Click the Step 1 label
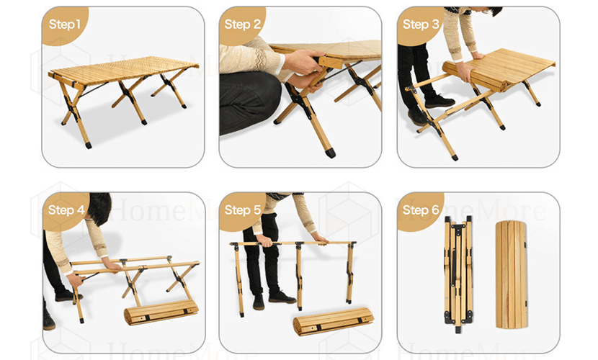tap(64, 24)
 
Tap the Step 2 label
tap(243, 24)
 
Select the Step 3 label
tap(421, 24)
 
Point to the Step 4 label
tap(66, 210)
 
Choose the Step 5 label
tap(243, 210)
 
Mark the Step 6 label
tap(421, 210)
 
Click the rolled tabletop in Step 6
tap(512, 275)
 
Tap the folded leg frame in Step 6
tap(458, 274)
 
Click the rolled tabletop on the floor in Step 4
tap(161, 312)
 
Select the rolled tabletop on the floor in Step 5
tap(333, 321)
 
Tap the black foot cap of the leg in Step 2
tap(331, 153)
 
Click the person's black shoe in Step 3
tap(439, 102)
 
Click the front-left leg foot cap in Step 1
tap(89, 145)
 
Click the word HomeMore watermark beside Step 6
tap(473, 210)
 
